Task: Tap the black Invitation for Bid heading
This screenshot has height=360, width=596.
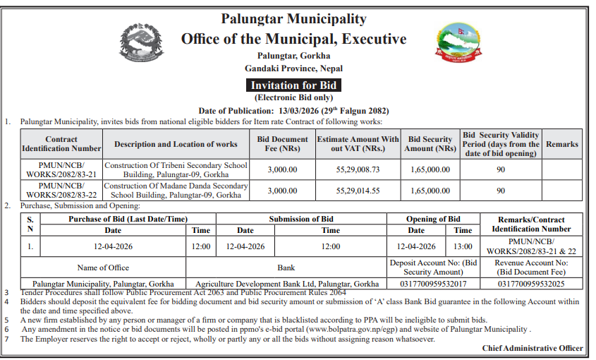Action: pyautogui.click(x=293, y=85)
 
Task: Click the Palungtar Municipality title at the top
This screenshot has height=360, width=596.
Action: pyautogui.click(x=293, y=19)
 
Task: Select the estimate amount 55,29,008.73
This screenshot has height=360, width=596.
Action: pyautogui.click(x=358, y=169)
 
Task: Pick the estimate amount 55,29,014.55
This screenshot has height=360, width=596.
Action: pyautogui.click(x=358, y=191)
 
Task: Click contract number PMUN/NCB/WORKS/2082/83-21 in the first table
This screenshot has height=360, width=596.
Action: pyautogui.click(x=61, y=169)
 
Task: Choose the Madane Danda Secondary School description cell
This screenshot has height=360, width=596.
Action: pyautogui.click(x=176, y=190)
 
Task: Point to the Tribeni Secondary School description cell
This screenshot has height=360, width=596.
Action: pyautogui.click(x=176, y=169)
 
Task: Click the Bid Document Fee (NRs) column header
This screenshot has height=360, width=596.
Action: pyautogui.click(x=283, y=144)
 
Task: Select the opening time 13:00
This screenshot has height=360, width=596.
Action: pyautogui.click(x=463, y=246)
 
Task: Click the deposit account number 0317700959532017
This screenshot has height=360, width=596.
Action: pyautogui.click(x=433, y=284)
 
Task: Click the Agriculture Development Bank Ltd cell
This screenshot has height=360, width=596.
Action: pyautogui.click(x=287, y=284)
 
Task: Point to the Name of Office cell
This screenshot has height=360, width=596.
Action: pyautogui.click(x=103, y=268)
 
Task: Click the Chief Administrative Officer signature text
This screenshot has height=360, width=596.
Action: pyautogui.click(x=533, y=348)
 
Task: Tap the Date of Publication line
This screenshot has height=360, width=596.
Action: pyautogui.click(x=293, y=111)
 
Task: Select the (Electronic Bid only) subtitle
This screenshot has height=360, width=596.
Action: pyautogui.click(x=293, y=98)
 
